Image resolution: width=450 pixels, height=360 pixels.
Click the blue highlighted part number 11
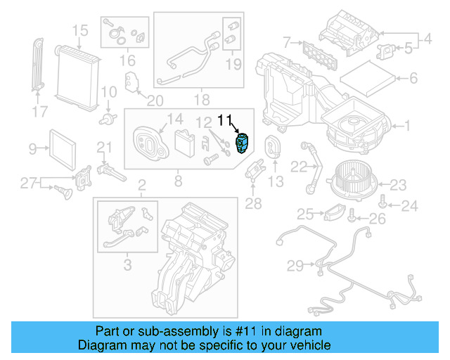click(x=241, y=141)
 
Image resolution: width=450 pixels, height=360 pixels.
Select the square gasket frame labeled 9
click(x=65, y=148)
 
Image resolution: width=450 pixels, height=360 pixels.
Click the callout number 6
click(x=413, y=78)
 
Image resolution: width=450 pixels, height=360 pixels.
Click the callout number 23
click(x=399, y=185)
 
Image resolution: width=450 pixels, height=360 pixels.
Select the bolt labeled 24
click(x=382, y=202)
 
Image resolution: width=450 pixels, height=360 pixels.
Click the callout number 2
click(x=141, y=186)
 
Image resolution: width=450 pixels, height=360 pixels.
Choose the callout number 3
click(x=127, y=265)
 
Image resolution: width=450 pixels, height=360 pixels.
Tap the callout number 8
click(x=178, y=182)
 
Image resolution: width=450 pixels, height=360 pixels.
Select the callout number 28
click(x=253, y=204)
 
